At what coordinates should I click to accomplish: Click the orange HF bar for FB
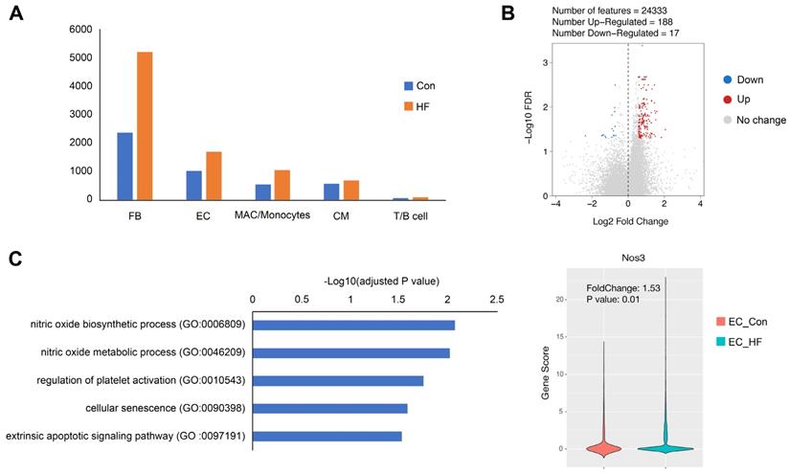pyautogui.click(x=145, y=125)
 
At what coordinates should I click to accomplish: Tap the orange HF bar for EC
pyautogui.click(x=214, y=175)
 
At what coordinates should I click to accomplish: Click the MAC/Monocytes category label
pyautogui.click(x=272, y=215)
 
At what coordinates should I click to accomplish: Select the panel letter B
pyautogui.click(x=508, y=15)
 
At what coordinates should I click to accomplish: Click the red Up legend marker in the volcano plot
pyautogui.click(x=729, y=100)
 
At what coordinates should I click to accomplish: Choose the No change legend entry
pyautogui.click(x=763, y=121)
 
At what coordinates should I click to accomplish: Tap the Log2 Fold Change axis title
pyautogui.click(x=627, y=222)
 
